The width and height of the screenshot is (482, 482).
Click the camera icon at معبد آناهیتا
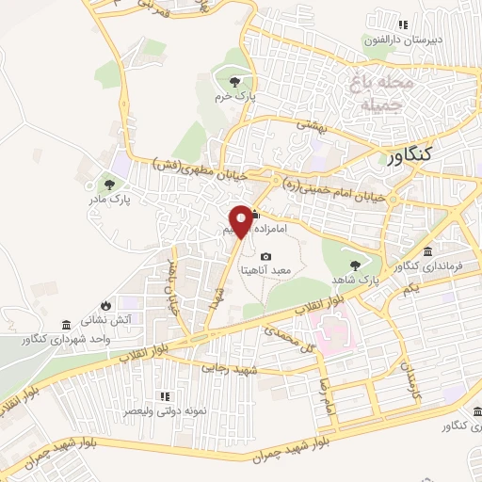265,257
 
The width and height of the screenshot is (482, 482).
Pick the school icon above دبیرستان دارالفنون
403,24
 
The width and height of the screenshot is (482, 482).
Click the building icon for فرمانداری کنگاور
428,252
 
